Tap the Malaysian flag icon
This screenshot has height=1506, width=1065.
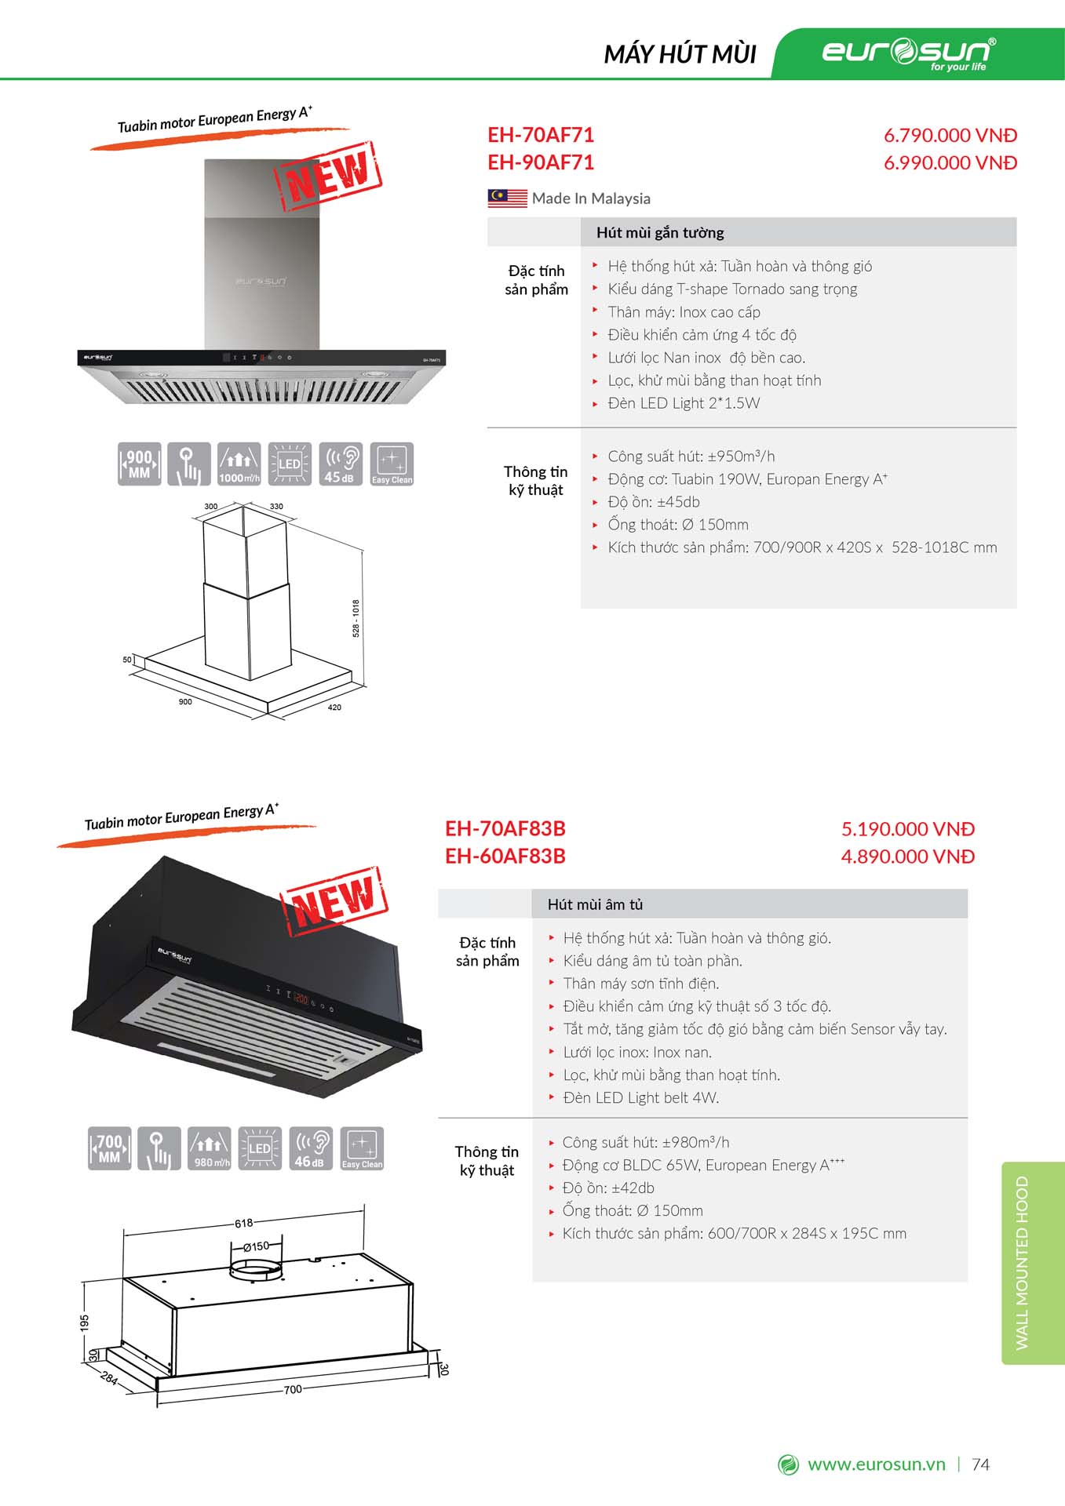pos(507,198)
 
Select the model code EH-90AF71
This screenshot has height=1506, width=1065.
pos(541,162)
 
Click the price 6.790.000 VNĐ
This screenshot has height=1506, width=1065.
pos(950,135)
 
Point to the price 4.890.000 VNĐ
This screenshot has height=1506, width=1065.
pos(907,857)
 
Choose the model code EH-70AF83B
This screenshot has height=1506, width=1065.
pos(505,829)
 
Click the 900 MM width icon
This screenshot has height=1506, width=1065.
pos(139,464)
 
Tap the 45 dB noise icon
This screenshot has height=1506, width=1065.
pos(340,464)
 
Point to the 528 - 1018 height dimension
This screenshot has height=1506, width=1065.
pos(356,618)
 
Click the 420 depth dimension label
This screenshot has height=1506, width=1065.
pos(334,708)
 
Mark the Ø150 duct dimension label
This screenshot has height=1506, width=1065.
pos(256,1246)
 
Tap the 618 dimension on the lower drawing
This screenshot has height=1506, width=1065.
pos(244,1223)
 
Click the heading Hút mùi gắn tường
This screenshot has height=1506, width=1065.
pos(660,232)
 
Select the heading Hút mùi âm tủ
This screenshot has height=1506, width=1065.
pos(595,904)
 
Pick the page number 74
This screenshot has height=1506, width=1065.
pos(980,1464)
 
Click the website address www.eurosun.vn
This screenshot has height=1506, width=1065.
pos(876,1464)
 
